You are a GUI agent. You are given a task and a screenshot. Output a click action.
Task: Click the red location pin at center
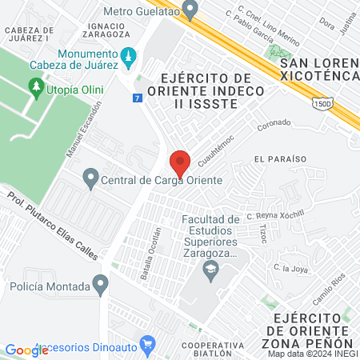[x=180, y=162]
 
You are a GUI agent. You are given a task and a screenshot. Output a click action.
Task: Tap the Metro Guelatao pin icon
[x=190, y=10]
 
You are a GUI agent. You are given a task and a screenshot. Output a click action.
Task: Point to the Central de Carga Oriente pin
[x=90, y=180]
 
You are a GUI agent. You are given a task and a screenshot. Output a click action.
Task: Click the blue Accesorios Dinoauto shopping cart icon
[x=147, y=346]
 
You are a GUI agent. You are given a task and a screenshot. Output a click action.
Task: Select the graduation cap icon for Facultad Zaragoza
[x=210, y=270]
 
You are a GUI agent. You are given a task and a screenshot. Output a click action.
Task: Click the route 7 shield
[x=138, y=97]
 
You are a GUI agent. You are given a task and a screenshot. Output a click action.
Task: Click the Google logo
[x=26, y=350]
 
